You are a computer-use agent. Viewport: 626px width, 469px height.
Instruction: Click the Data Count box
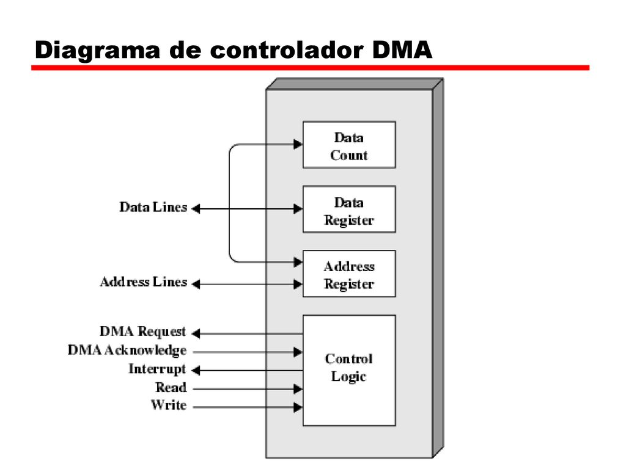pyautogui.click(x=349, y=145)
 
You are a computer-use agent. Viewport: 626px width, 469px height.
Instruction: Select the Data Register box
pyautogui.click(x=349, y=209)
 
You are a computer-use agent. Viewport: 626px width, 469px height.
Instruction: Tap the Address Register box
pyautogui.click(x=349, y=274)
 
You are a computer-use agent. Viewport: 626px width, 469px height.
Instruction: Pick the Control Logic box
pyautogui.click(x=349, y=371)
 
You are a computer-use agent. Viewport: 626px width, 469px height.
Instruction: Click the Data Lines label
pyautogui.click(x=153, y=207)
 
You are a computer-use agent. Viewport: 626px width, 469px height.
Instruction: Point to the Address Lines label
pyautogui.click(x=144, y=282)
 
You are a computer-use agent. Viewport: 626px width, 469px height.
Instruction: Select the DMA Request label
pyautogui.click(x=143, y=332)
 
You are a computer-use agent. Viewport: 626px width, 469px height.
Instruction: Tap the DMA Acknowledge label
pyautogui.click(x=127, y=350)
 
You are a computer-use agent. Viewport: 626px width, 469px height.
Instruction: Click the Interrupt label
pyautogui.click(x=157, y=369)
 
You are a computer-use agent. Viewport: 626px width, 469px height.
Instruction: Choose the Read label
pyautogui.click(x=171, y=387)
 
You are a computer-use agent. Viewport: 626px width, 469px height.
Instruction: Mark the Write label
pyautogui.click(x=169, y=405)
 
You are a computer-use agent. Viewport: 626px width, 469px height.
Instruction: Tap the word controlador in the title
pyautogui.click(x=287, y=50)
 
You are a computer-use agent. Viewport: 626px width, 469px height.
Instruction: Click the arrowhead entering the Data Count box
pyautogui.click(x=298, y=144)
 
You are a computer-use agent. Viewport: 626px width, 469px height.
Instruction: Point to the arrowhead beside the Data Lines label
pyautogui.click(x=196, y=209)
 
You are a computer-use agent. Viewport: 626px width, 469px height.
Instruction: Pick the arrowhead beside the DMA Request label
pyautogui.click(x=196, y=333)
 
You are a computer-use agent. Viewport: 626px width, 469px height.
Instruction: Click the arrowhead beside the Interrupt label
pyautogui.click(x=196, y=371)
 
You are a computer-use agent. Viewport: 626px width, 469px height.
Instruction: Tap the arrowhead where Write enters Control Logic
pyautogui.click(x=298, y=407)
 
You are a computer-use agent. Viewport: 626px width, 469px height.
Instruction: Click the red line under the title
pyautogui.click(x=310, y=68)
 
